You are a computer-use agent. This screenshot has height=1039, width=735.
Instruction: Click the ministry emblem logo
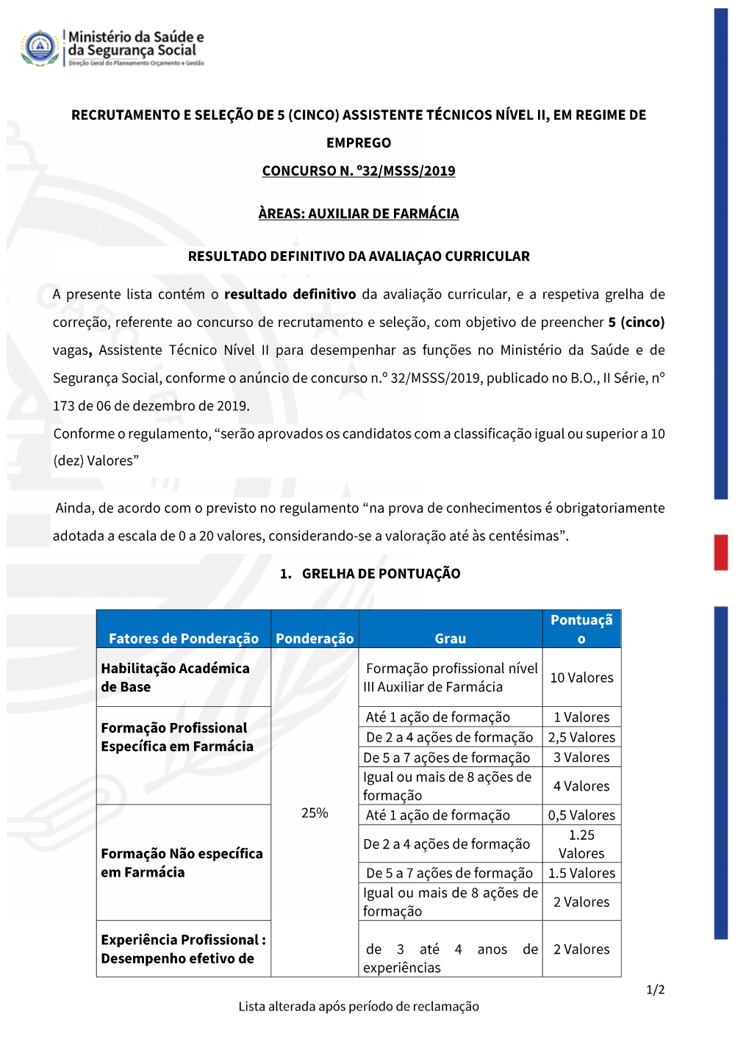pyautogui.click(x=40, y=48)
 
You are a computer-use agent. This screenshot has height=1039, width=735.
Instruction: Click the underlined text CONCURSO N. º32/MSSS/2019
pyautogui.click(x=359, y=170)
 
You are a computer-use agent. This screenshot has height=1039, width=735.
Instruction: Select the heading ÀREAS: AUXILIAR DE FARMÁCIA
pyautogui.click(x=359, y=213)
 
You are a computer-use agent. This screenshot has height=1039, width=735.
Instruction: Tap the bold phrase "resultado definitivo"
pyautogui.click(x=290, y=294)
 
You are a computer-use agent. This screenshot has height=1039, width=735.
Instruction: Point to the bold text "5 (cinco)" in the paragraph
pyautogui.click(x=636, y=322)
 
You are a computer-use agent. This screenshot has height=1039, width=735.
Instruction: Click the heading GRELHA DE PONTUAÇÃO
pyautogui.click(x=381, y=573)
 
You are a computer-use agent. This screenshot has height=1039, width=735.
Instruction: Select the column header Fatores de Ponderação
pyautogui.click(x=184, y=638)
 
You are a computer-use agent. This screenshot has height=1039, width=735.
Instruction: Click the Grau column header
pyautogui.click(x=450, y=638)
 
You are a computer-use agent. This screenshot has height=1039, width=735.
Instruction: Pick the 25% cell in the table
pyautogui.click(x=315, y=813)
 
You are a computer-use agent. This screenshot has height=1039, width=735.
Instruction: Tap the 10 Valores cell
pyautogui.click(x=581, y=677)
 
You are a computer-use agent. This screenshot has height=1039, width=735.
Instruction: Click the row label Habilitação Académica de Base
pyautogui.click(x=175, y=677)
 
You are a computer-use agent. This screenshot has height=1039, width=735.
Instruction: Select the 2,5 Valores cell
pyautogui.click(x=581, y=737)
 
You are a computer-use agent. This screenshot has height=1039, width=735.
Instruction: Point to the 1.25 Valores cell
pyautogui.click(x=581, y=844)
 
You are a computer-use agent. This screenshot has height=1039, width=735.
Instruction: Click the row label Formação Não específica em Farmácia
pyautogui.click(x=182, y=863)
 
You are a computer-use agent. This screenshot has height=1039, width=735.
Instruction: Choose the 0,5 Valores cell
pyautogui.click(x=581, y=815)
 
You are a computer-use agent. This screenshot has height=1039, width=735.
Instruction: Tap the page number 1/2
pyautogui.click(x=655, y=990)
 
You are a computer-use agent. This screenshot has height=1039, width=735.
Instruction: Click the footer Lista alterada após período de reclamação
pyautogui.click(x=359, y=1006)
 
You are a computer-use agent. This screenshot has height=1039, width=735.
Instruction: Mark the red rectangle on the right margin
pyautogui.click(x=721, y=553)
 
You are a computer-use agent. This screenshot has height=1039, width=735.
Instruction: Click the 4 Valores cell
pyautogui.click(x=581, y=786)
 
